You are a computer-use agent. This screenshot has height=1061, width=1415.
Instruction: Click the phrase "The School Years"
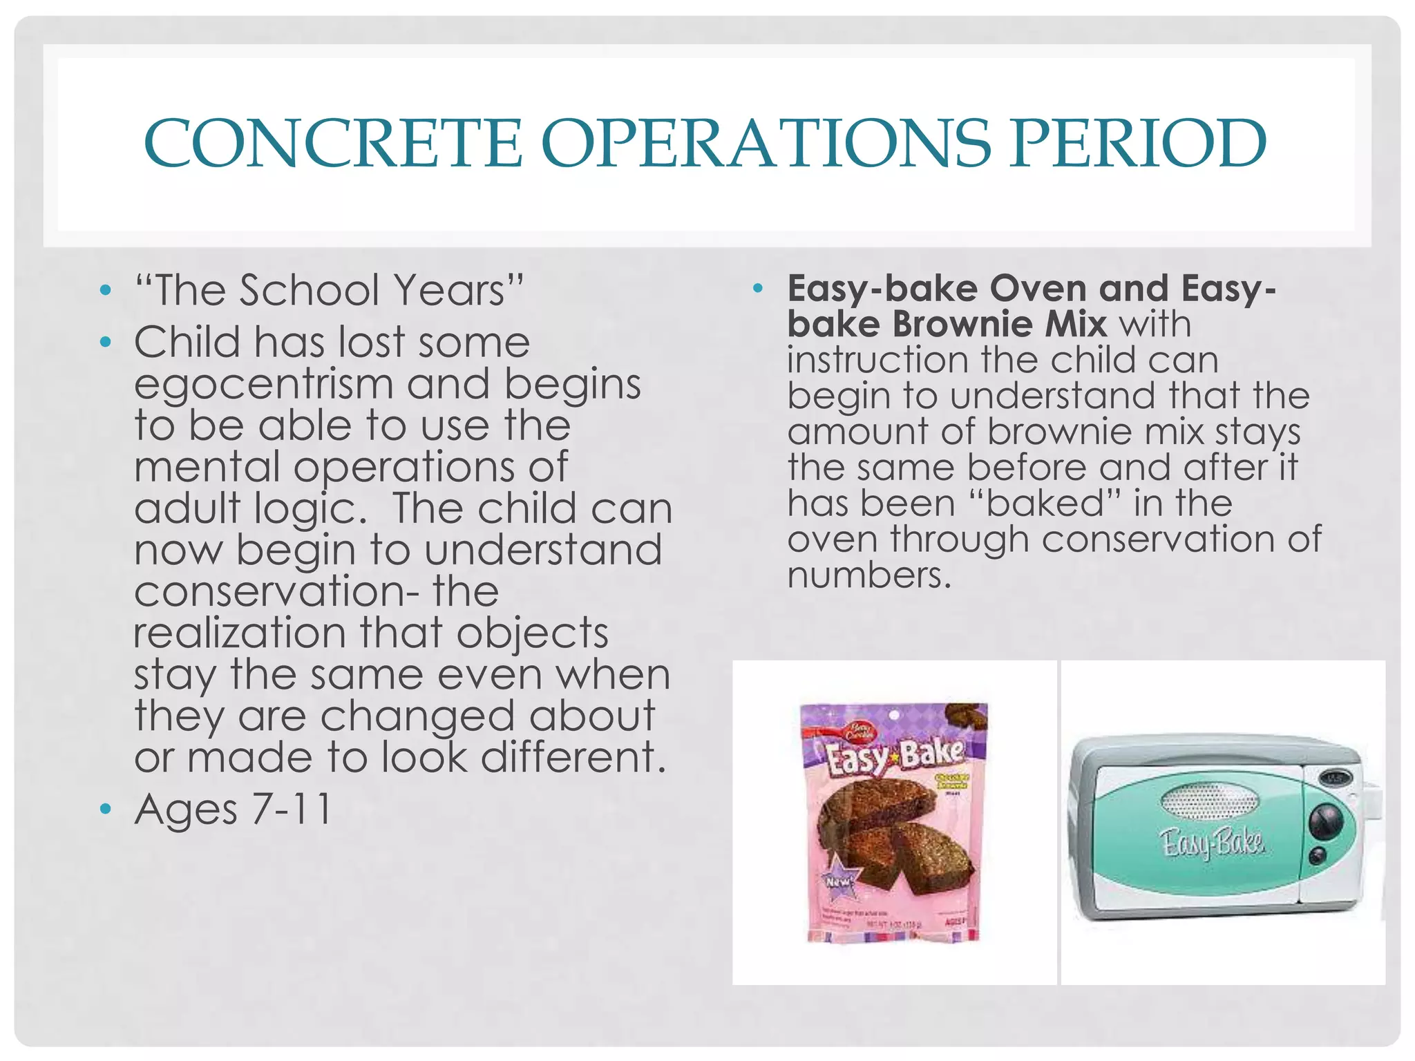click(x=329, y=290)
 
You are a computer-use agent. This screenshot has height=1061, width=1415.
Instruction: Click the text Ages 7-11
click(x=234, y=809)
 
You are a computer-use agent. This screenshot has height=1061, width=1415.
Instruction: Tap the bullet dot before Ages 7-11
click(x=105, y=809)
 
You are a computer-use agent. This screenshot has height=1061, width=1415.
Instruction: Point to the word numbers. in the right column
click(x=869, y=575)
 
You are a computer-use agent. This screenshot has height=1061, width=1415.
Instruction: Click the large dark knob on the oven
click(x=1325, y=823)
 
